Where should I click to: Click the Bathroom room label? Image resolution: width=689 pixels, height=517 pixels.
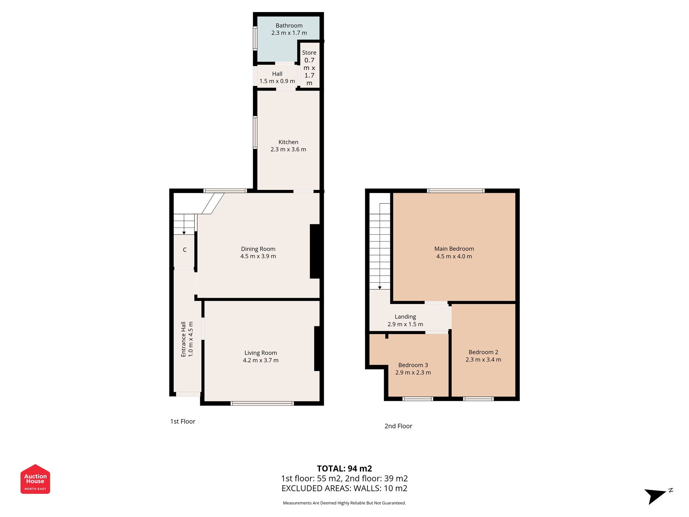289,26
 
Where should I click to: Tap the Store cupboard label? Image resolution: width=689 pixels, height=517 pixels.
309,53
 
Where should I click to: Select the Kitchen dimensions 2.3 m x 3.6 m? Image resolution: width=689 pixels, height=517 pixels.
288,150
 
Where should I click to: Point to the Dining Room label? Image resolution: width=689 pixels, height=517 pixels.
258,249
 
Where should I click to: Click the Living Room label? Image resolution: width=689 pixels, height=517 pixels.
260,353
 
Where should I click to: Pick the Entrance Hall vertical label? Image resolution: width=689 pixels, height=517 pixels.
184,339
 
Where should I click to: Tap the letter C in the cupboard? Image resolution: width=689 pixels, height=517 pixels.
185,250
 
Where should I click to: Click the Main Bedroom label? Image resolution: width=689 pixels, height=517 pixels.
454,249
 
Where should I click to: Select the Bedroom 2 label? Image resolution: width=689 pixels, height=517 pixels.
483,352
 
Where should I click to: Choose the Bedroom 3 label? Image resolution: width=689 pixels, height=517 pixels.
413,365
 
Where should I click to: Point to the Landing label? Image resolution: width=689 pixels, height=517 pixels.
405,317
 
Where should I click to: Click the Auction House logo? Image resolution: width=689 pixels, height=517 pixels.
35,479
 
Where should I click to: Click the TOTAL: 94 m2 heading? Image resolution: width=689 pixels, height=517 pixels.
344,469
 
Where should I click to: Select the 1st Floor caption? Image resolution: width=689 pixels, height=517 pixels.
183,422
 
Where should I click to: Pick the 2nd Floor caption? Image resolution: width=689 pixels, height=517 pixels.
398,426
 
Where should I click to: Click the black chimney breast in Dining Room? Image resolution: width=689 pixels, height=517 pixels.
315,251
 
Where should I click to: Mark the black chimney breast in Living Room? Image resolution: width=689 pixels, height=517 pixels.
317,348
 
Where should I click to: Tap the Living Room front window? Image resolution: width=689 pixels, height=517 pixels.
262,403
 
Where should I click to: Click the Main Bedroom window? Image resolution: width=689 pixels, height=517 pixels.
456,191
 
